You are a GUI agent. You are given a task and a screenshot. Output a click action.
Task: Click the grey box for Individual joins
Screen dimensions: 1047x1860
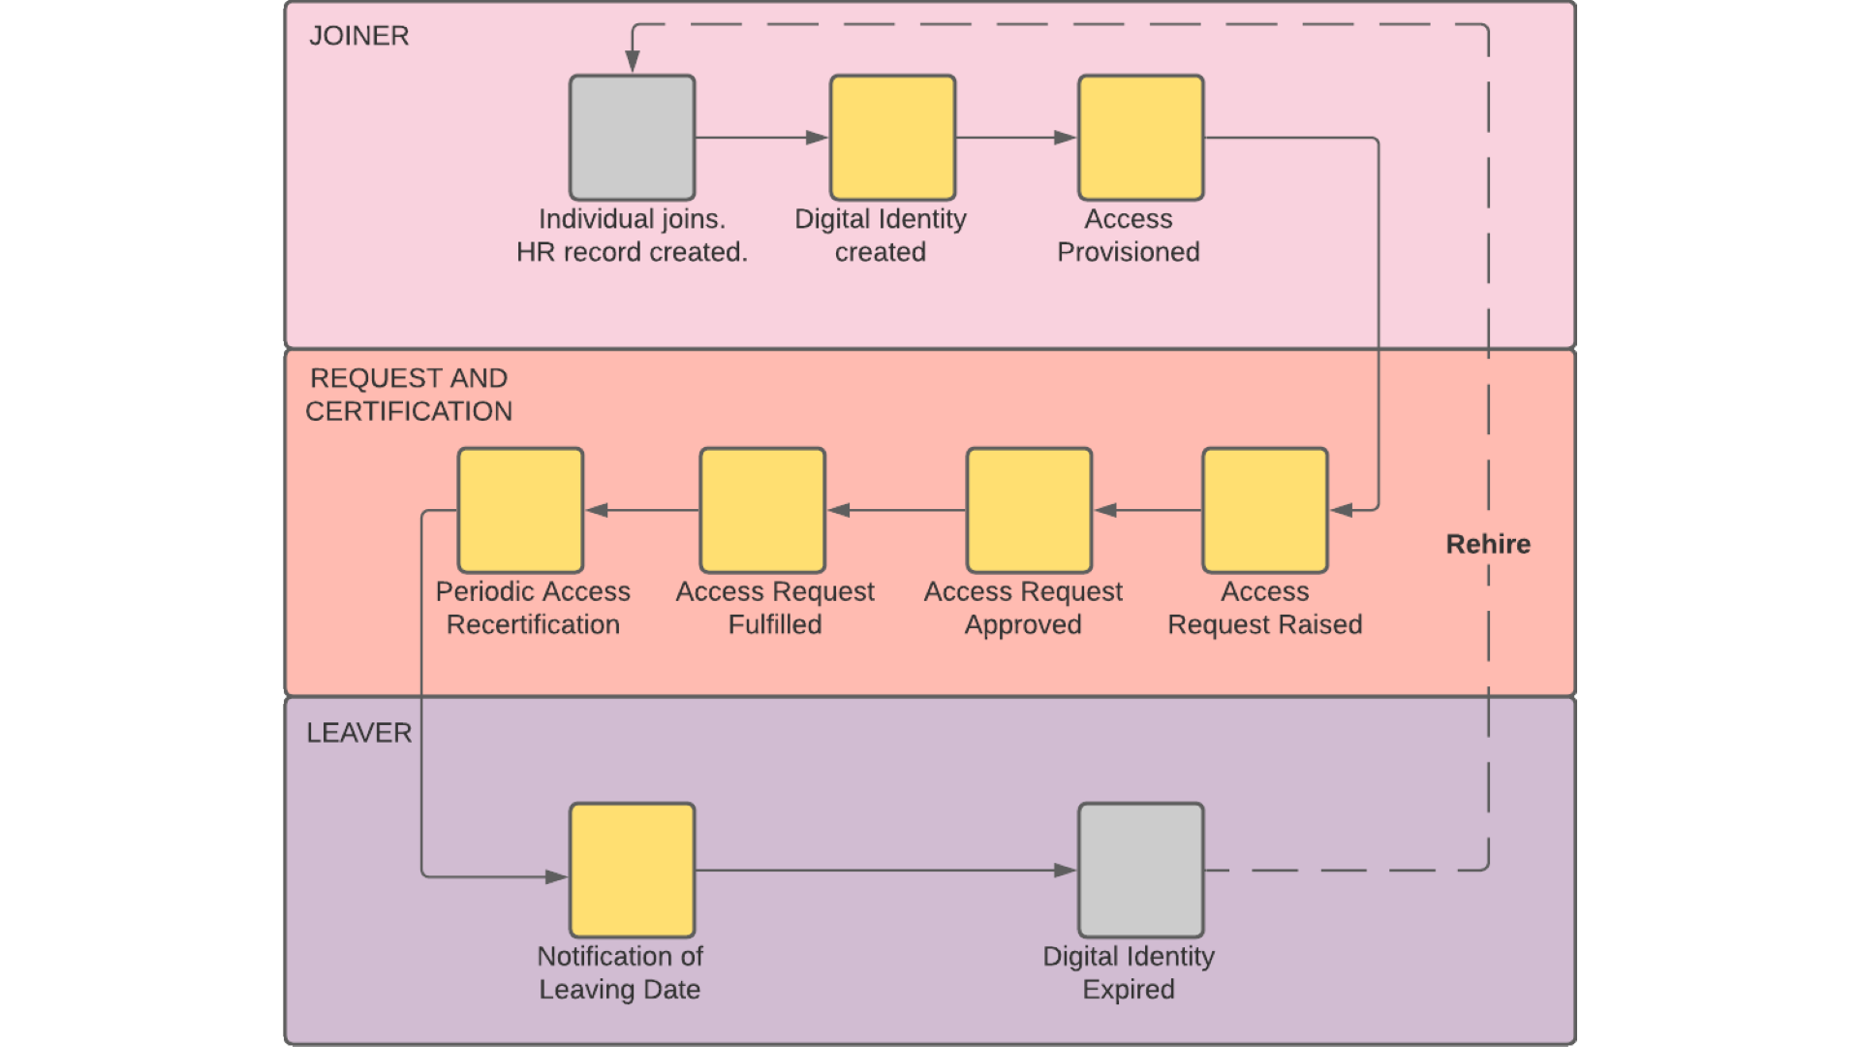point(632,138)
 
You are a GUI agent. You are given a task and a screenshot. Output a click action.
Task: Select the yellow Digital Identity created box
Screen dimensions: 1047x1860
point(892,138)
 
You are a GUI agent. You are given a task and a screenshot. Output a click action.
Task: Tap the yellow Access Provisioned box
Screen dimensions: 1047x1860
point(1140,138)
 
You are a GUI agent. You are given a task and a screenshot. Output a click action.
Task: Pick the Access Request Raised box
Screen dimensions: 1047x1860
point(1264,510)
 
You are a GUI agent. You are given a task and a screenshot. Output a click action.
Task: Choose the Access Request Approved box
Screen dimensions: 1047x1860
point(1029,510)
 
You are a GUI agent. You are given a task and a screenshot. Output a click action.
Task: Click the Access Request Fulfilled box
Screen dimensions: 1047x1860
point(762,510)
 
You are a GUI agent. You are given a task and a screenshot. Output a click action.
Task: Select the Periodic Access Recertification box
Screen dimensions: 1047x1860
point(520,510)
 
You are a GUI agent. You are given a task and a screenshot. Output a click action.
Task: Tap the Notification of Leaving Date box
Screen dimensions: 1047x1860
point(632,870)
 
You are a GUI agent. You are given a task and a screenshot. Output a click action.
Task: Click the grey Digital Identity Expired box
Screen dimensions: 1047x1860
point(1140,870)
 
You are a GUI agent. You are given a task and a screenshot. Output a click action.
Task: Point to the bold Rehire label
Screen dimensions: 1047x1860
point(1488,544)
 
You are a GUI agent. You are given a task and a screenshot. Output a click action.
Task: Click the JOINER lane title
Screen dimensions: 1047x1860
point(358,36)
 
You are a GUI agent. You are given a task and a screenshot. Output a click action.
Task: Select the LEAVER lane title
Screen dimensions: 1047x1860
point(358,733)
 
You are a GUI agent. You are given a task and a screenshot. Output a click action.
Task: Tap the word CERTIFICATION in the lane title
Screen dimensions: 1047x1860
point(409,411)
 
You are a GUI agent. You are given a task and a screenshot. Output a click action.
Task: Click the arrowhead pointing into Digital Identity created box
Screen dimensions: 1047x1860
point(818,138)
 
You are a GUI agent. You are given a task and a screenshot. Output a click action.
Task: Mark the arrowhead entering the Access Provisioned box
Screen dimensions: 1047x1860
point(1066,138)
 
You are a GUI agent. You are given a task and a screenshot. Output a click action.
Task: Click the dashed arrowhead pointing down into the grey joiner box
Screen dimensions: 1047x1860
point(632,62)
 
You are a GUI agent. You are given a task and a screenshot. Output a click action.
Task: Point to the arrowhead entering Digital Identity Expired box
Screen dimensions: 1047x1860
point(1066,871)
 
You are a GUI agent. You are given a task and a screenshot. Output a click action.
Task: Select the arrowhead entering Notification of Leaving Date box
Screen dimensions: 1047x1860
point(557,876)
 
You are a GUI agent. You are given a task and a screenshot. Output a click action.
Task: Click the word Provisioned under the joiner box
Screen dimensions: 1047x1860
point(1128,252)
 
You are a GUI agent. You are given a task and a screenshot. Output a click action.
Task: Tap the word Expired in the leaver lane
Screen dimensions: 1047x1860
point(1128,990)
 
